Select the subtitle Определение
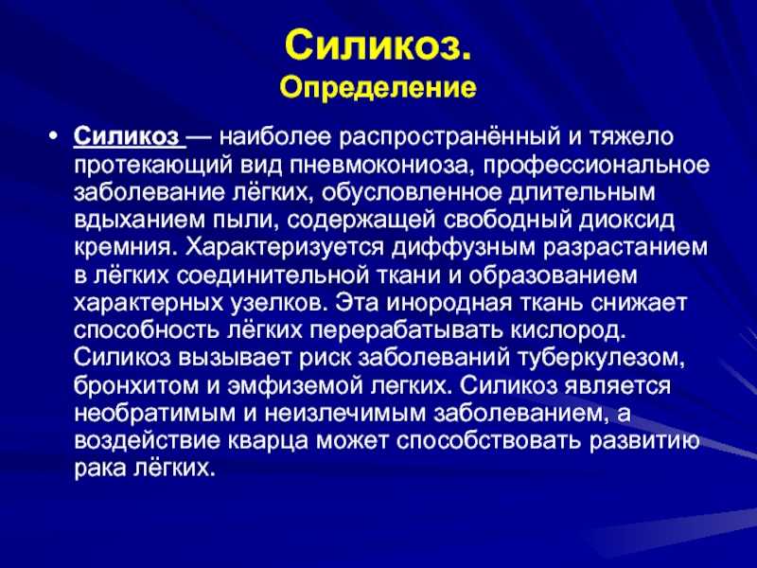point(378,88)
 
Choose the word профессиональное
point(596,166)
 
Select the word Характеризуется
point(286,248)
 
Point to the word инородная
point(449,303)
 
